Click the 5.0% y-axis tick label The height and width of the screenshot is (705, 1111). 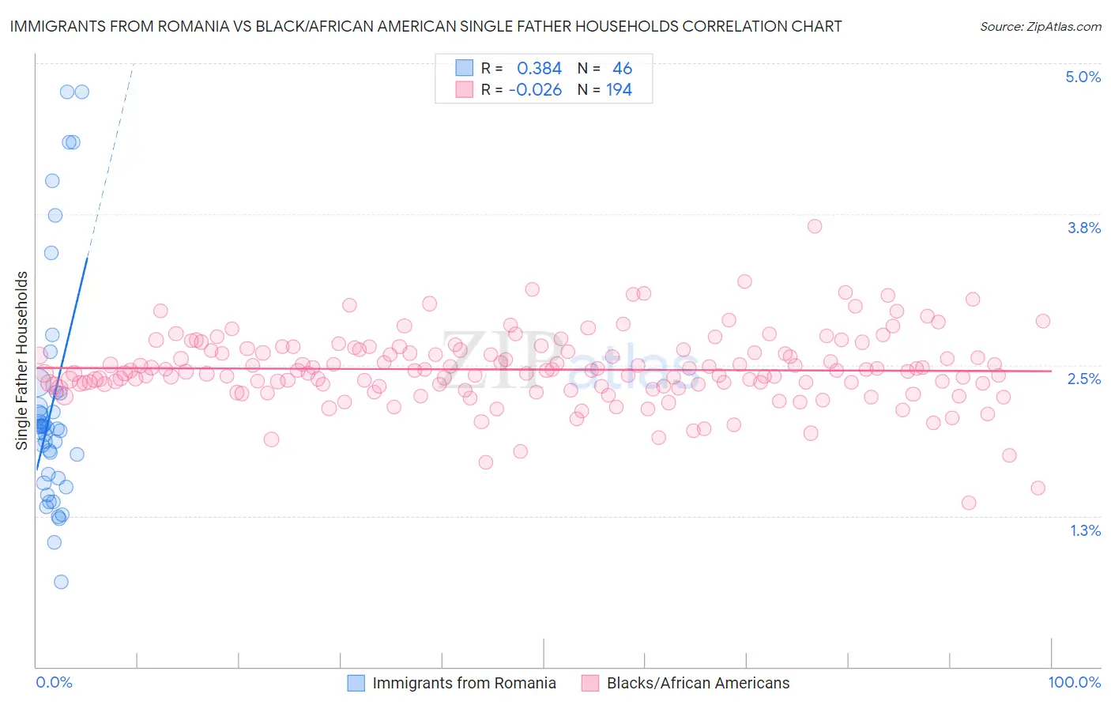1083,77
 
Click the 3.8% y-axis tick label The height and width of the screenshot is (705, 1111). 1083,228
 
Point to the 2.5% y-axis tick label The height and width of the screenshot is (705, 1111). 1083,379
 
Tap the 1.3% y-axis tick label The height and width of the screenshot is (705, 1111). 1085,530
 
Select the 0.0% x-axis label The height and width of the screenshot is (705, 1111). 54,682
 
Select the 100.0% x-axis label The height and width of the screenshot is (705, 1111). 1074,682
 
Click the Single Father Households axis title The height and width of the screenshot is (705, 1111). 21,360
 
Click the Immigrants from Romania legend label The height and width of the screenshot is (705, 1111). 464,683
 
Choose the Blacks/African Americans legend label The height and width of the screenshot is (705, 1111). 698,683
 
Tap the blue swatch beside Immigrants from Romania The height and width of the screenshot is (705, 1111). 356,683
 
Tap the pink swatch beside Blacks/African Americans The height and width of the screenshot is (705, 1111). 590,683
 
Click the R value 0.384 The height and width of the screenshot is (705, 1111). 539,68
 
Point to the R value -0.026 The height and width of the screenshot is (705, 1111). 535,89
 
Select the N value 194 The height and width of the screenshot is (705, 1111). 619,89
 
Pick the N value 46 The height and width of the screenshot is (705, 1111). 622,68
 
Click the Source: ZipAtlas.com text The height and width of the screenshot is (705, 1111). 1040,26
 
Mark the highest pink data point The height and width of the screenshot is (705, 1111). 815,226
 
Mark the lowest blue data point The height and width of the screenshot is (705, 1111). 61,582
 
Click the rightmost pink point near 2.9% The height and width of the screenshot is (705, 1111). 1043,321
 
